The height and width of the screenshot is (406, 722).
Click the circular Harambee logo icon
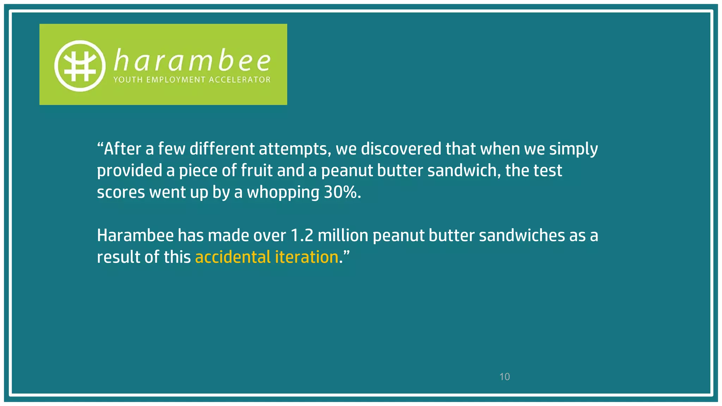click(80, 66)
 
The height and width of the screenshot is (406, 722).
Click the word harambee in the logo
click(192, 61)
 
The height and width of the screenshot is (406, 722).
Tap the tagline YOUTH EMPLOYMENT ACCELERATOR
click(192, 80)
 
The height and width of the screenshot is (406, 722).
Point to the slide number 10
click(504, 377)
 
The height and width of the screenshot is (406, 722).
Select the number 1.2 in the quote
click(302, 235)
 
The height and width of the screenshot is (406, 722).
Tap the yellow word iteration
click(306, 257)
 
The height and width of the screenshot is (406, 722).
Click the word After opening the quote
click(122, 149)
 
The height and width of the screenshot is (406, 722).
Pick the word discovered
click(401, 149)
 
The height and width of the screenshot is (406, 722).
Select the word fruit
click(257, 171)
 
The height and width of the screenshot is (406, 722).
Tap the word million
click(343, 235)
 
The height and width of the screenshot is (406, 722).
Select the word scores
click(121, 193)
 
